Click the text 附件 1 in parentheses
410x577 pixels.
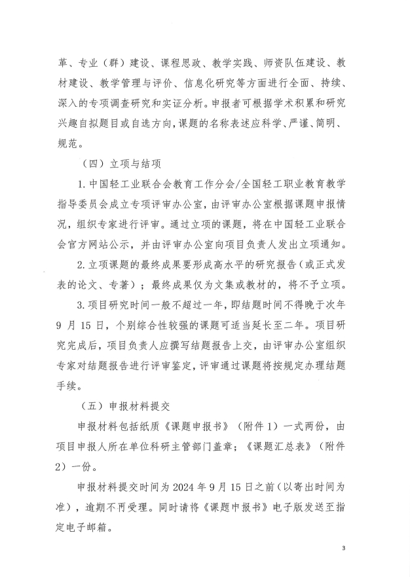tap(236, 426)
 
